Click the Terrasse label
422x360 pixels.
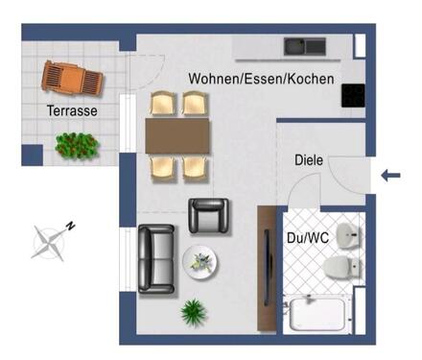71,112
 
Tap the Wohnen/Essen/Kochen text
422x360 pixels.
261,79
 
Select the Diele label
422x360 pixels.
309,161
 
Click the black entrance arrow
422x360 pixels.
391,175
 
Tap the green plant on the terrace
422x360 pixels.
76,144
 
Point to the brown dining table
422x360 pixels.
177,135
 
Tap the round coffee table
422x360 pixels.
202,261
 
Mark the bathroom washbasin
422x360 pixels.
353,232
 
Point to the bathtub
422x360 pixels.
321,314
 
